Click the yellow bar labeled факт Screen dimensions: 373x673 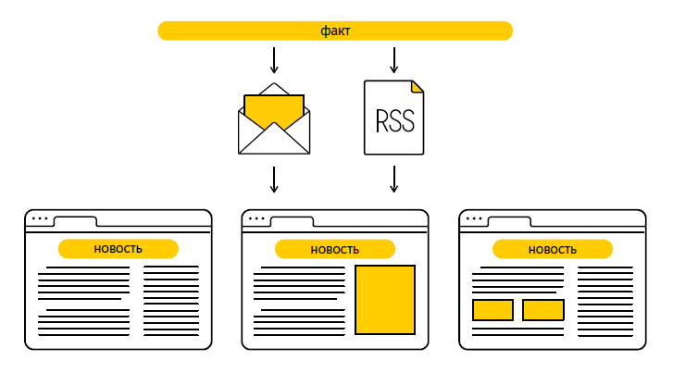[335, 31]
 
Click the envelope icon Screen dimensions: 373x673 [274, 125]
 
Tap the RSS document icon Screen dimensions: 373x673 [393, 118]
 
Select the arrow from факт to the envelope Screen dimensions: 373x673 [274, 59]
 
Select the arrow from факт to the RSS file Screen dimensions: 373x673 [393, 59]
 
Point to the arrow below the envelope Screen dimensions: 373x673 [274, 179]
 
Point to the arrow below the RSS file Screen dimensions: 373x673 [393, 179]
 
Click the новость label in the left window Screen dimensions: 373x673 [118, 249]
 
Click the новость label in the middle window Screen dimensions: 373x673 [334, 249]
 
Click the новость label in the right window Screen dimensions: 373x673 [552, 249]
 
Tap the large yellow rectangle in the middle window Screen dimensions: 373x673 [384, 299]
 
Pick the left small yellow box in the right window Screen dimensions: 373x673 [492, 310]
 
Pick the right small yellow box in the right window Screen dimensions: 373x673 [543, 310]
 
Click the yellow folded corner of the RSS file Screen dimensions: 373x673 [418, 86]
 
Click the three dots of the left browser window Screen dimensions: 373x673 [40, 219]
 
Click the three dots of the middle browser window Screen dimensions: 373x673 [256, 219]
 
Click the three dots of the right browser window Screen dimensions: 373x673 [474, 219]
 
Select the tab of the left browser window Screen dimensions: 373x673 [75, 221]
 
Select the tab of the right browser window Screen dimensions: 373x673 [509, 221]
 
